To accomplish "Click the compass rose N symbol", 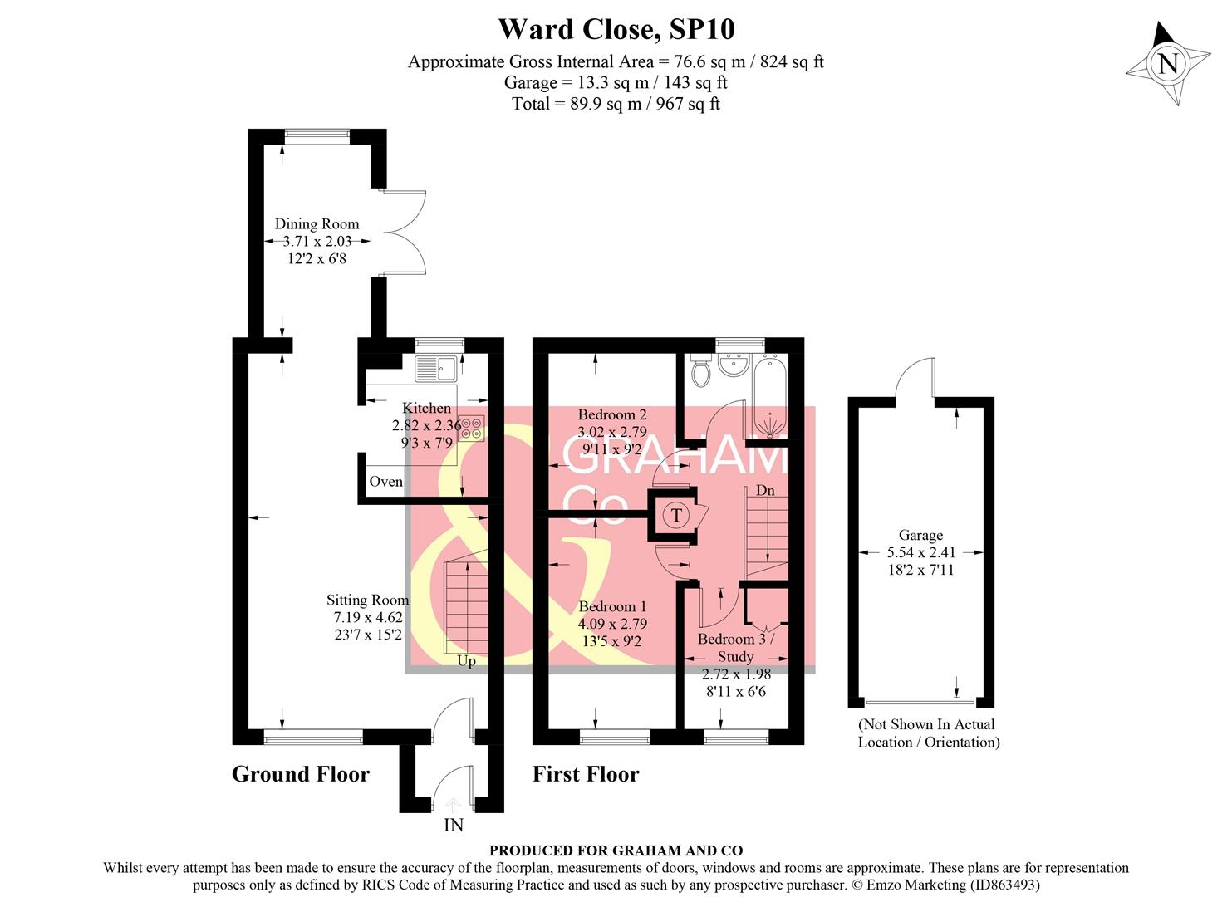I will [x=1168, y=64].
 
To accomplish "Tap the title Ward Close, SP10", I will [x=616, y=29].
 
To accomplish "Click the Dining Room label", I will [x=317, y=223].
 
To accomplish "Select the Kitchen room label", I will [x=426, y=408].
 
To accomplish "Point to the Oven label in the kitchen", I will [x=385, y=482].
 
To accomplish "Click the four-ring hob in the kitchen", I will [x=471, y=428].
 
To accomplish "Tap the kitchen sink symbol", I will [x=435, y=366].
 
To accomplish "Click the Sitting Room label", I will [x=367, y=600].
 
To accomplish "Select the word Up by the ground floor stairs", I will [x=466, y=661].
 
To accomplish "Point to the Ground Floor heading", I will [x=300, y=774].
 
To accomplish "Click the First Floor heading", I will [x=585, y=774].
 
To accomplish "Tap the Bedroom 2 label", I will [x=611, y=414].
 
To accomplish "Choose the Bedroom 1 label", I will [x=612, y=606].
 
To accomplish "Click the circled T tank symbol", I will [x=676, y=515].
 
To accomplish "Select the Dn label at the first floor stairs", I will [x=765, y=490].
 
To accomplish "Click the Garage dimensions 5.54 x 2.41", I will [x=920, y=552].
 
